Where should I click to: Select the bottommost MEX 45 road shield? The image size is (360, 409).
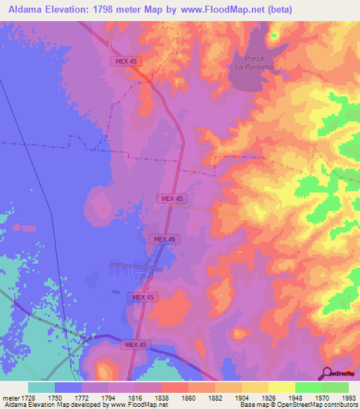coord(136,344)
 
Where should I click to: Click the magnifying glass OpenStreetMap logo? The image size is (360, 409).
coord(327,372)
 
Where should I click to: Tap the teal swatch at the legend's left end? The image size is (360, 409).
coord(41,387)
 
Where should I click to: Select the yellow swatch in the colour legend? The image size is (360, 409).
coord(281,387)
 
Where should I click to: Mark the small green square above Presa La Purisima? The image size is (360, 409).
coord(274,34)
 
